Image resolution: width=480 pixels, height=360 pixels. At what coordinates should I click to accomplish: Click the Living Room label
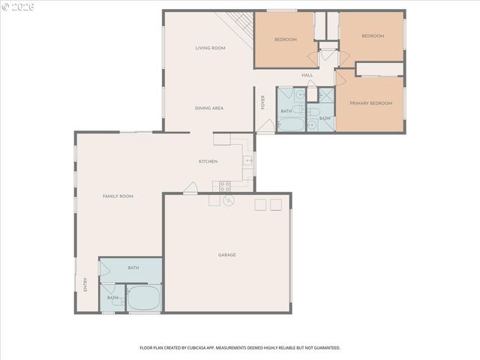(x=210, y=48)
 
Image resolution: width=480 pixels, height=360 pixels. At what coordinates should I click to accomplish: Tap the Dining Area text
(x=209, y=108)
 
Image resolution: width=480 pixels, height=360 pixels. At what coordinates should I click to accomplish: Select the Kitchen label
(x=208, y=162)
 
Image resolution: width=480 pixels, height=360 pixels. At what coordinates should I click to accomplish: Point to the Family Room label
(x=118, y=196)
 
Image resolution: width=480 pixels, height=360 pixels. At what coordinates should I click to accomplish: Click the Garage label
(x=226, y=255)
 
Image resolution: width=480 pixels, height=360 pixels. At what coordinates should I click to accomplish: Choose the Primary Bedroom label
(x=370, y=103)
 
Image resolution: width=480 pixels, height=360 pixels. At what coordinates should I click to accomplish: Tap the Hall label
(x=307, y=75)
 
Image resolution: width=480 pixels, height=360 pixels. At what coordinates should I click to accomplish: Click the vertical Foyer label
(x=263, y=103)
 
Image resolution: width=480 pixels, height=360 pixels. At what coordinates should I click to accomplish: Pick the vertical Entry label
(x=85, y=285)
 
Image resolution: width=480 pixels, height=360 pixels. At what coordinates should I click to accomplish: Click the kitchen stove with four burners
(x=224, y=186)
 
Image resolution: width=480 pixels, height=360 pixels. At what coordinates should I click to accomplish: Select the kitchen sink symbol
(x=247, y=160)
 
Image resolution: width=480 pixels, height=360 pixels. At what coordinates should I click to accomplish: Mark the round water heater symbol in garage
(x=228, y=200)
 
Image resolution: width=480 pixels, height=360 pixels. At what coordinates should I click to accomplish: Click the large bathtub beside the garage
(x=142, y=297)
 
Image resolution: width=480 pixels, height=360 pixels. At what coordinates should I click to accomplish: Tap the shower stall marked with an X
(x=325, y=95)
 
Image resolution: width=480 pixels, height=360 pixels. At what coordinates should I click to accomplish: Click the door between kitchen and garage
(x=190, y=189)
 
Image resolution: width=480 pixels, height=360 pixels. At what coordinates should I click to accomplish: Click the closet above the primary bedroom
(x=379, y=69)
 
